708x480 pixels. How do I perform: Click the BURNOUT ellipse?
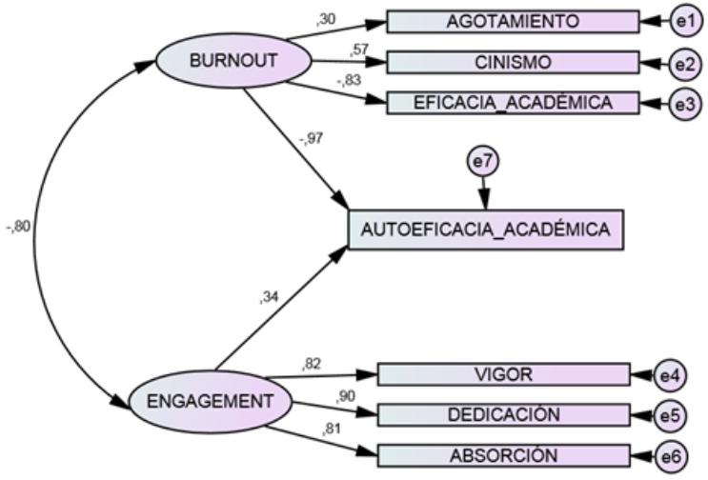tap(233, 62)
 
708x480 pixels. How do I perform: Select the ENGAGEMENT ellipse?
tap(208, 402)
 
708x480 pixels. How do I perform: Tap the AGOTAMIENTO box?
tap(512, 21)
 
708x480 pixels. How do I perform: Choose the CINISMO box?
tap(512, 64)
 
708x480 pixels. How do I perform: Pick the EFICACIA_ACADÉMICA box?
tap(512, 102)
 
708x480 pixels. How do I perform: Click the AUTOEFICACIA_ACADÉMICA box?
tap(486, 230)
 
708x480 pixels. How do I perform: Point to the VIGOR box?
tap(504, 374)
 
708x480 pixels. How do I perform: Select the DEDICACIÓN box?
tap(504, 414)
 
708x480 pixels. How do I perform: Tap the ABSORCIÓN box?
tap(504, 454)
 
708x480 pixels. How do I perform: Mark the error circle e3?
tap(684, 104)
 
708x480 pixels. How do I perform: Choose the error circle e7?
tap(483, 163)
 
